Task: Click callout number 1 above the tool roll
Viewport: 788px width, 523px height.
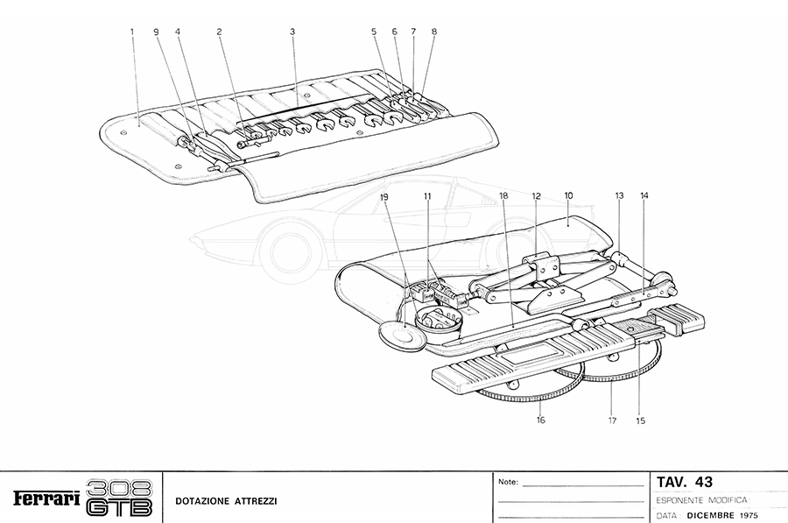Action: tap(132, 32)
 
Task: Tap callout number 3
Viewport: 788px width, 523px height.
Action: tap(292, 32)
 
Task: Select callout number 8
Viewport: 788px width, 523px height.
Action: tap(434, 32)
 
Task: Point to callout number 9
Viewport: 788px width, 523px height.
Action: tap(157, 32)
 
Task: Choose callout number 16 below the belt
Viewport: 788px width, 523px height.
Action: tap(540, 421)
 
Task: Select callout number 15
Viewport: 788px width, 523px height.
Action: tap(640, 421)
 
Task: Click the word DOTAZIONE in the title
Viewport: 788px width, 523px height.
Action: tap(201, 500)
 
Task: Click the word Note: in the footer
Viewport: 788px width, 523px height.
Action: tap(508, 482)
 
